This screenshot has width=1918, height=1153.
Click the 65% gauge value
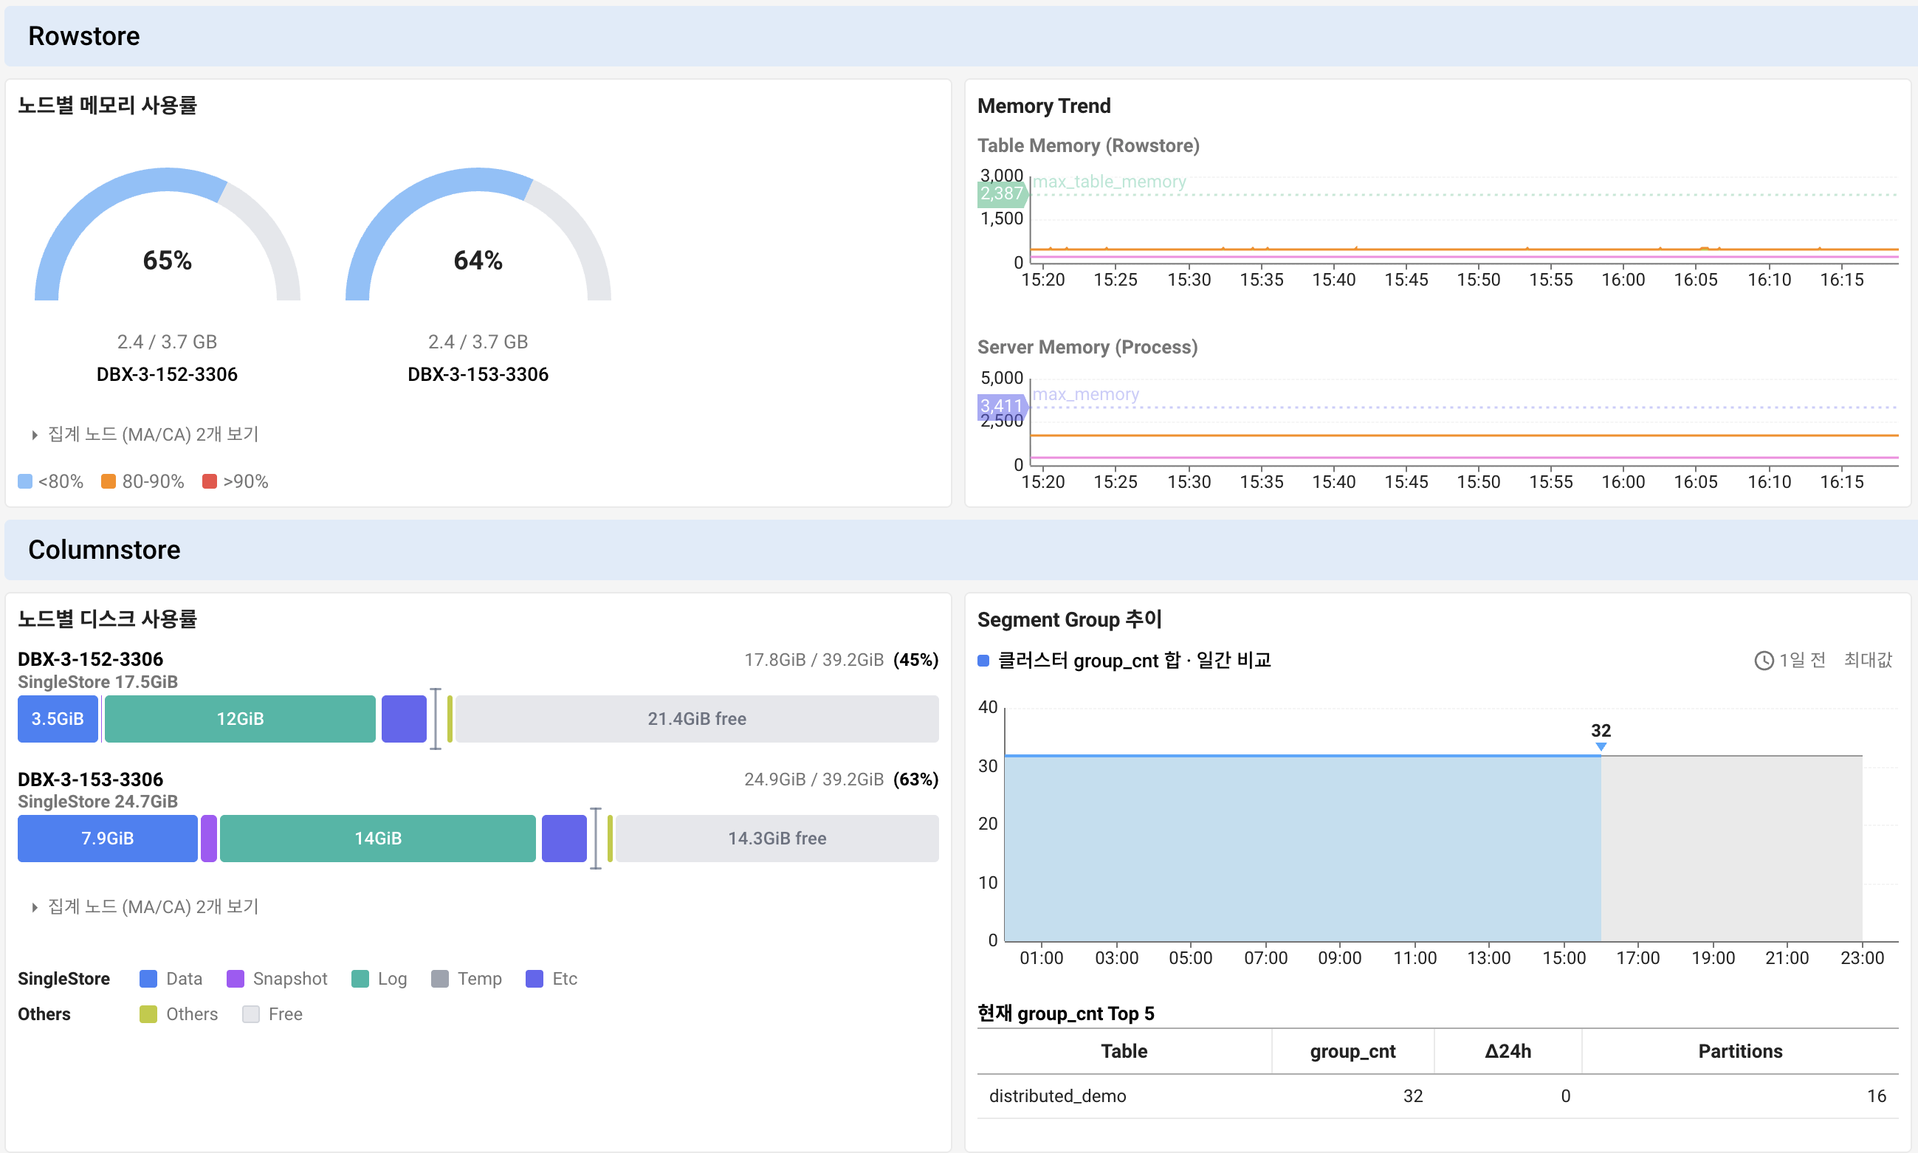(167, 261)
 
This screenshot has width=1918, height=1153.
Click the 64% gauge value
(478, 261)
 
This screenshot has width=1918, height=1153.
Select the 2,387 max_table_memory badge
(1002, 193)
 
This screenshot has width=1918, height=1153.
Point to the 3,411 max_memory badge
(1002, 405)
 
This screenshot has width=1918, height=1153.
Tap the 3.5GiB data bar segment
(58, 719)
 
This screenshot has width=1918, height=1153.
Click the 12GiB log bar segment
(240, 719)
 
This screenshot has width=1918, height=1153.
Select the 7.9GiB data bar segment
(108, 839)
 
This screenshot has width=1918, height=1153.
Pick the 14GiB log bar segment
(378, 839)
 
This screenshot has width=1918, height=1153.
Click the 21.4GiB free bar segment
(697, 719)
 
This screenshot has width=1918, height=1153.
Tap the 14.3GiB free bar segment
(777, 839)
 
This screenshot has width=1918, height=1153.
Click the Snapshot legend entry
(278, 979)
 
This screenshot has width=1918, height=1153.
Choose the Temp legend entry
(467, 979)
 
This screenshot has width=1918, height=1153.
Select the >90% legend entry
(236, 482)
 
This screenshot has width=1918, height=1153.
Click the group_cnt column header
(1352, 1051)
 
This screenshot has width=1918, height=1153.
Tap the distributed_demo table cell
(1057, 1095)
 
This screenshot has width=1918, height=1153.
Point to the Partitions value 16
(1876, 1095)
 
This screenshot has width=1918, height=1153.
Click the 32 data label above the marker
(1601, 730)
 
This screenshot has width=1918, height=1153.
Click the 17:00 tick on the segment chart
(1637, 958)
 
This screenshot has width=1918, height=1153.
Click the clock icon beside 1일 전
(1764, 661)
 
